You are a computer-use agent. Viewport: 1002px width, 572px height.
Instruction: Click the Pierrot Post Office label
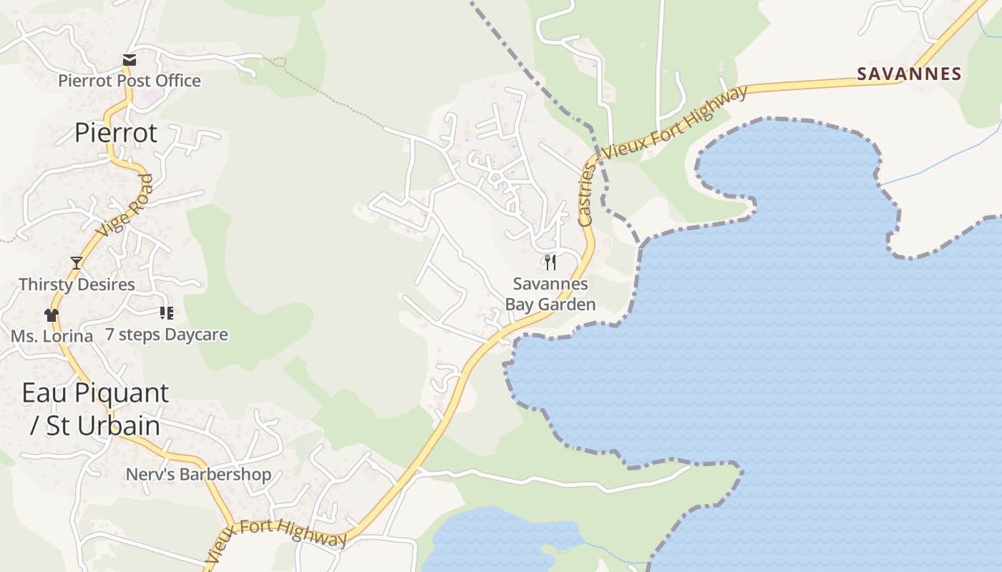pos(130,81)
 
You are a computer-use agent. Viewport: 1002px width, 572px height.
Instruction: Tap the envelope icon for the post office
pos(129,60)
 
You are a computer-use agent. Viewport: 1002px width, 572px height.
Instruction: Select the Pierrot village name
pos(116,133)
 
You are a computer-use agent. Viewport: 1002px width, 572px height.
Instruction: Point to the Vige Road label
pos(125,207)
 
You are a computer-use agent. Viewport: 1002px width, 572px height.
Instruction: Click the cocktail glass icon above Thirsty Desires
pos(77,263)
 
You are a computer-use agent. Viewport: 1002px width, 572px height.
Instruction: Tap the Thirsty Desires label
pos(77,285)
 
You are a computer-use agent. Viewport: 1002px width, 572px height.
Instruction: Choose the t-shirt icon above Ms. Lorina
pos(51,315)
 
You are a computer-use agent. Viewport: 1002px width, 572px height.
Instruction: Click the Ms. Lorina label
pos(52,335)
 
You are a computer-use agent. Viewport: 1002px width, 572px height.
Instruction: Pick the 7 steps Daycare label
pos(167,335)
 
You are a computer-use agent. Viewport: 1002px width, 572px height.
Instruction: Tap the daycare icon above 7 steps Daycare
pos(167,313)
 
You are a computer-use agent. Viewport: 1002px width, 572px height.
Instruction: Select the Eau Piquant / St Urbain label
pos(95,409)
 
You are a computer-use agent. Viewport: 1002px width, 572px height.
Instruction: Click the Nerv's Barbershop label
pos(198,474)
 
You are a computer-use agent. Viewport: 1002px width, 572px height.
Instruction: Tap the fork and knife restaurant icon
pos(550,262)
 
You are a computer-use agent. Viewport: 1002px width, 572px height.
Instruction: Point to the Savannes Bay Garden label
pos(550,294)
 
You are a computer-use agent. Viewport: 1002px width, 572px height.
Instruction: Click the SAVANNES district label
pos(910,74)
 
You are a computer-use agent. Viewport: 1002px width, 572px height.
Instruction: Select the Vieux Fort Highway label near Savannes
pos(675,122)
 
